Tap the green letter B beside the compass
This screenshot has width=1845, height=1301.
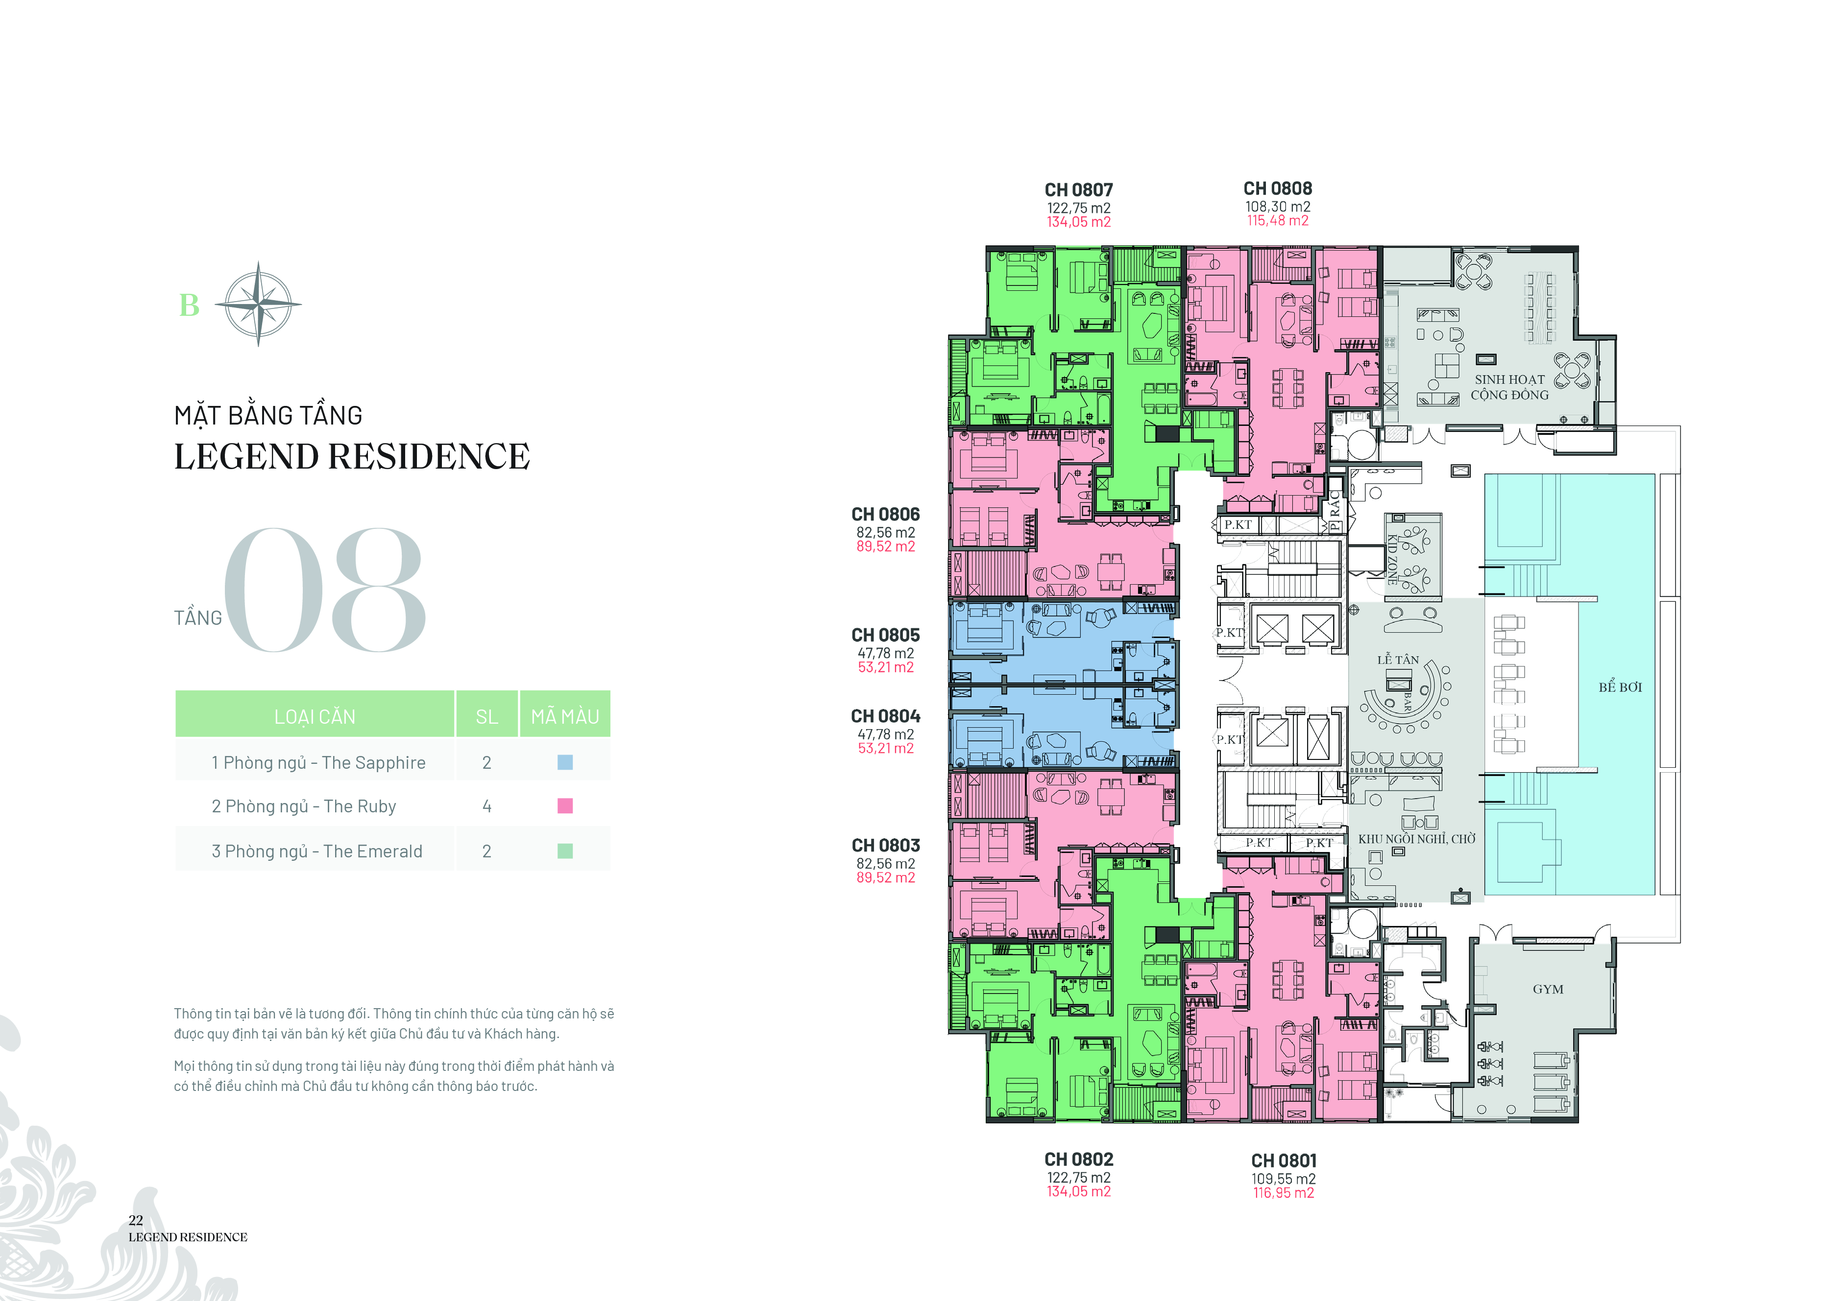coord(190,305)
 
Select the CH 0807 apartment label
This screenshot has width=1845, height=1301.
coord(1078,190)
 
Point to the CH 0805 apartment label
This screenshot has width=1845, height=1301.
coord(886,635)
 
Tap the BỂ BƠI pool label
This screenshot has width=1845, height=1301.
coord(1620,687)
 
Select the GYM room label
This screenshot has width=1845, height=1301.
coord(1548,990)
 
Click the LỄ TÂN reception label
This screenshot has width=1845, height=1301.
coord(1398,660)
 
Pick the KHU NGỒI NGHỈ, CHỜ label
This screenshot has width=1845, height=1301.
coord(1417,839)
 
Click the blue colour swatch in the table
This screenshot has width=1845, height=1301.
coord(565,762)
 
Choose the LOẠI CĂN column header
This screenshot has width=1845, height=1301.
coord(315,716)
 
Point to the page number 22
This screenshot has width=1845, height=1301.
coord(136,1220)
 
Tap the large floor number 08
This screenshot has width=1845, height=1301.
coord(324,590)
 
